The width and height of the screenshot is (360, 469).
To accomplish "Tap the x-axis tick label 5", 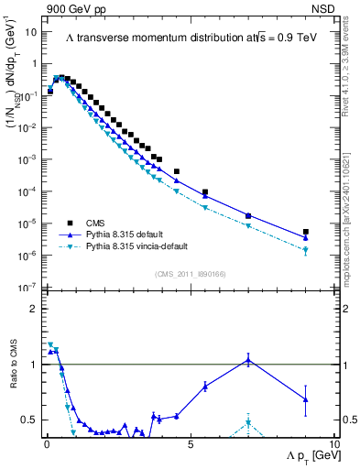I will click(x=190, y=444).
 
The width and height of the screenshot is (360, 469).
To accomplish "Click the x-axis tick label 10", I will click(x=333, y=444).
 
